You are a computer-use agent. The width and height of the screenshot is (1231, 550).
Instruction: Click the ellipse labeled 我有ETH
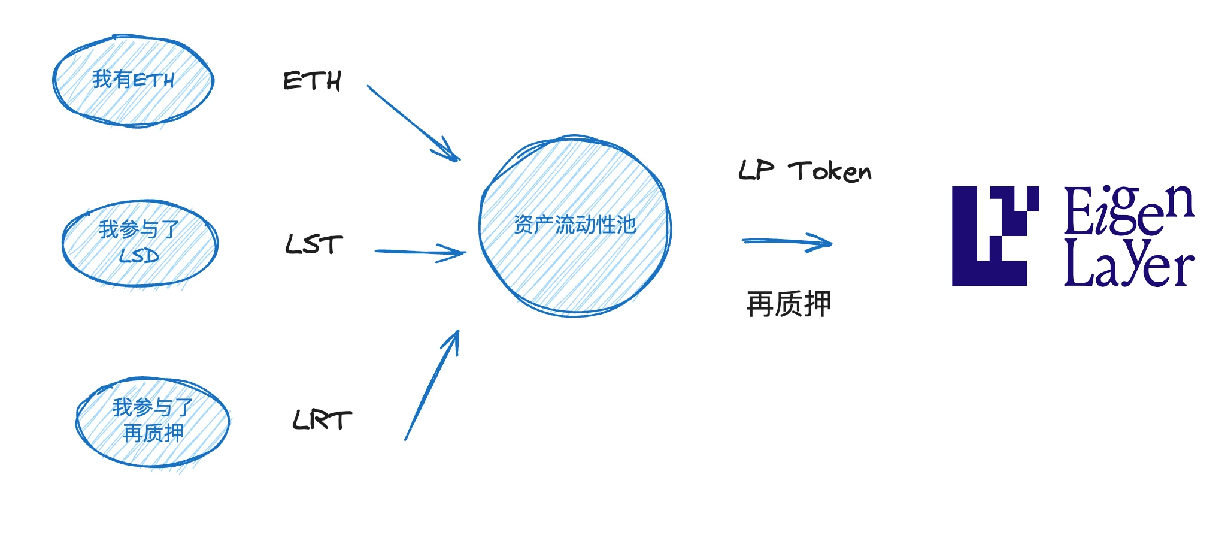133,81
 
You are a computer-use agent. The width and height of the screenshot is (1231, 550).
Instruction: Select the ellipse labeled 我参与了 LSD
140,243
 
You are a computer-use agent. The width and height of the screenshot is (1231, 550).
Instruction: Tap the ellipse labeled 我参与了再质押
153,422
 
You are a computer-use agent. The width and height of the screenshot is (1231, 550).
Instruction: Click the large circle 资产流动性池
575,226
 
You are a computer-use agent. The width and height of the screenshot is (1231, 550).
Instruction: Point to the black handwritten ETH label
312,81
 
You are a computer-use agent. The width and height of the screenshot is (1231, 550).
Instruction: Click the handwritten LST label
314,244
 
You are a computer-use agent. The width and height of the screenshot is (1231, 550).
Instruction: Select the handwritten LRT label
322,420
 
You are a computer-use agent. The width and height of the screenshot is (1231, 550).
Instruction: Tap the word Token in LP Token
830,171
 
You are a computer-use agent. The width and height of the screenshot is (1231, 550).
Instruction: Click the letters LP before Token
756,170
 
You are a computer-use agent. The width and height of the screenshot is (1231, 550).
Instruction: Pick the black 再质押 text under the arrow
789,304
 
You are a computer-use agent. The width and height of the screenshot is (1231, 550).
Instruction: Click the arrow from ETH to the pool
413,123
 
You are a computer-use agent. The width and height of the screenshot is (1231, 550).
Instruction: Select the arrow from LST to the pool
420,252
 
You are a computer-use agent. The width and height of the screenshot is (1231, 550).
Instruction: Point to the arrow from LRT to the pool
432,385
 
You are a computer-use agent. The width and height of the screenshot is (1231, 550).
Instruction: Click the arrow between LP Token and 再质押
787,242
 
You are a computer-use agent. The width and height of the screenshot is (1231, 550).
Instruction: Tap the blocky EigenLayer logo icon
995,235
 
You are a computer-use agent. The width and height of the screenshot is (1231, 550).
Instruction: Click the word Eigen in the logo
1129,209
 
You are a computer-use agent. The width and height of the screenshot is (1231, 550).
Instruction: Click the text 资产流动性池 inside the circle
575,225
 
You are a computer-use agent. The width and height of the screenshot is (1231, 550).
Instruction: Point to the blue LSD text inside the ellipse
139,256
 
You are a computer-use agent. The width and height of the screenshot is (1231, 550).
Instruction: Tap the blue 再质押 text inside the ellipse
153,433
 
